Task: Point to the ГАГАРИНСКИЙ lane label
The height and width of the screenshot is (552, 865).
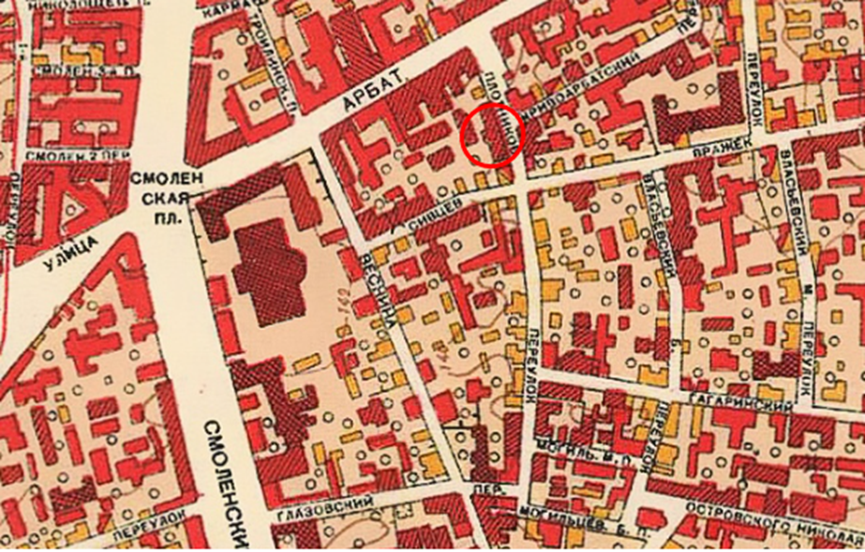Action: pos(741,400)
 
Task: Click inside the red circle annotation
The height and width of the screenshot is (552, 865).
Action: pos(491,136)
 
